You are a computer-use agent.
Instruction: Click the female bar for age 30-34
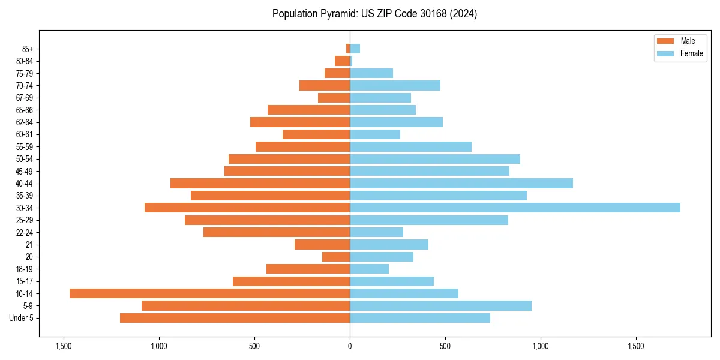tap(515, 208)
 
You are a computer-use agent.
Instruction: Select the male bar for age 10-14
tap(209, 293)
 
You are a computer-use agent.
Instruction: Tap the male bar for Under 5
tap(235, 318)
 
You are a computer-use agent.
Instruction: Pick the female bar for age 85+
tap(355, 49)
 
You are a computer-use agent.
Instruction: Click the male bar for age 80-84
tap(343, 61)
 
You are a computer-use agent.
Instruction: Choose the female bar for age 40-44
tap(461, 183)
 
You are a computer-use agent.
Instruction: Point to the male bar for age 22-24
tap(277, 232)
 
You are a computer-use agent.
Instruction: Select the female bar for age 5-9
tap(440, 305)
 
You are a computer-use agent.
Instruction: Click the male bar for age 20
tap(336, 257)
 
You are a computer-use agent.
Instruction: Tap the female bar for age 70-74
tap(395, 85)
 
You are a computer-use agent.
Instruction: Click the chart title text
tap(374, 14)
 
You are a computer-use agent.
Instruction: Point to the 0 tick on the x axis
tap(350, 346)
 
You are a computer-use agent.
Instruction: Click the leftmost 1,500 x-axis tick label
tap(64, 346)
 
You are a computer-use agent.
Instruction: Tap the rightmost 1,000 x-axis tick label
tap(541, 346)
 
